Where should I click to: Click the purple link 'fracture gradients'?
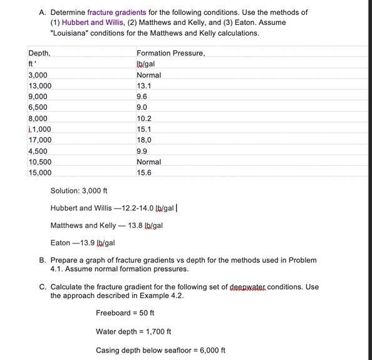pyautogui.click(x=116, y=13)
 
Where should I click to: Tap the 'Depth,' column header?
pyautogui.click(x=39, y=53)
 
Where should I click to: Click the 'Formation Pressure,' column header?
pyautogui.click(x=170, y=53)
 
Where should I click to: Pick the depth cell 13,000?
pyautogui.click(x=40, y=86)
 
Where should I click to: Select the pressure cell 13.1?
pyautogui.click(x=144, y=86)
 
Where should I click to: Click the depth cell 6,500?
pyautogui.click(x=38, y=108)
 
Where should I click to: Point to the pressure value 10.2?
pyautogui.click(x=144, y=118)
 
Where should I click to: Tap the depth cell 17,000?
pyautogui.click(x=40, y=140)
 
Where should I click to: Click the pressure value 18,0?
pyautogui.click(x=144, y=140)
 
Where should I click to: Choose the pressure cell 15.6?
pyautogui.click(x=144, y=173)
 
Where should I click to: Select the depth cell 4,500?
pyautogui.click(x=38, y=151)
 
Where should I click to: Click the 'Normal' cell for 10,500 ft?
pyautogui.click(x=148, y=162)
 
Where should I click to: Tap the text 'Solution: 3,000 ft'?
pyautogui.click(x=79, y=191)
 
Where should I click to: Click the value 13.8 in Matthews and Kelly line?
pyautogui.click(x=135, y=225)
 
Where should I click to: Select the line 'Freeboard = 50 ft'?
pyautogui.click(x=125, y=313)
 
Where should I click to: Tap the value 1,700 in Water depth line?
pyautogui.click(x=155, y=332)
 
